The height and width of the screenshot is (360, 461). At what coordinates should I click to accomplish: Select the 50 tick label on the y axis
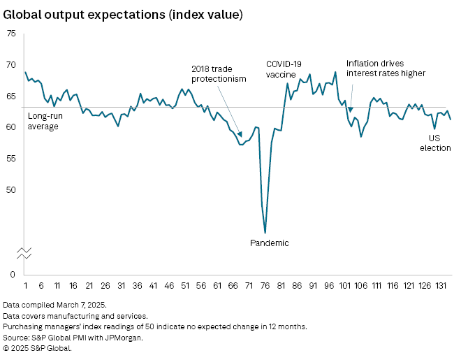tap(12, 190)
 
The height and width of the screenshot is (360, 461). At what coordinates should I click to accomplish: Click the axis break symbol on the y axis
tap(24, 253)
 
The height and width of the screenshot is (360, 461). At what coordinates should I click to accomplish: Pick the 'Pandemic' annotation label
tap(269, 243)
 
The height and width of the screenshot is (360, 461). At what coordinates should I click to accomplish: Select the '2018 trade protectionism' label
tap(219, 74)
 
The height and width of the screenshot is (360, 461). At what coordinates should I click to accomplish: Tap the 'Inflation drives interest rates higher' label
tap(386, 68)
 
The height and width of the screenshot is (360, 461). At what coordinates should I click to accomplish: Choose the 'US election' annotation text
tap(439, 143)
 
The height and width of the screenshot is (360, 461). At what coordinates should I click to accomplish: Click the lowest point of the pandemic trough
tap(265, 232)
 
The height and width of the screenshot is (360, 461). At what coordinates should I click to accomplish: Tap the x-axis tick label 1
tap(25, 287)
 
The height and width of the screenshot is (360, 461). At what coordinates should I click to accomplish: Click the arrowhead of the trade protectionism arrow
tap(242, 134)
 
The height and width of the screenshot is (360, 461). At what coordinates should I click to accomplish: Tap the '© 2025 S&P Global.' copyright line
tap(37, 347)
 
